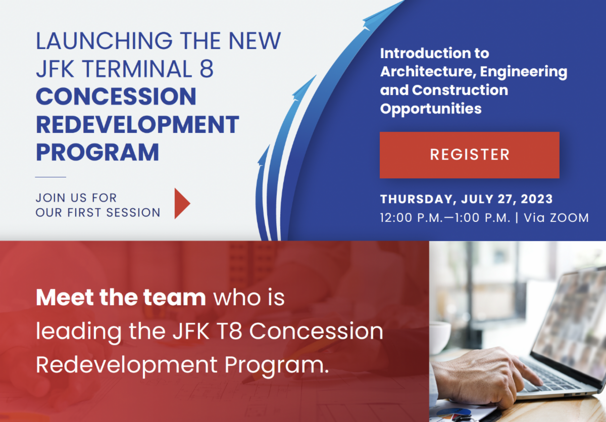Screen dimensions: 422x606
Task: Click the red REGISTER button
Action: click(469, 155)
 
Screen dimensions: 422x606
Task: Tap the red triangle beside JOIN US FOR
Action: click(182, 204)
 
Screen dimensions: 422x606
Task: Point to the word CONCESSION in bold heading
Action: click(116, 97)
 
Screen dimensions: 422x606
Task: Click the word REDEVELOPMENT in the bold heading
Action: click(137, 124)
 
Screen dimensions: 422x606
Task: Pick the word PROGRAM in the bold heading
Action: click(97, 152)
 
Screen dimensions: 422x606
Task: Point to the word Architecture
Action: click(426, 72)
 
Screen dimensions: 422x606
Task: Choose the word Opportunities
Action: click(431, 108)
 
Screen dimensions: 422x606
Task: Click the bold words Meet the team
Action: click(121, 298)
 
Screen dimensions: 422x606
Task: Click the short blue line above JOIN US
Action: click(50, 177)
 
